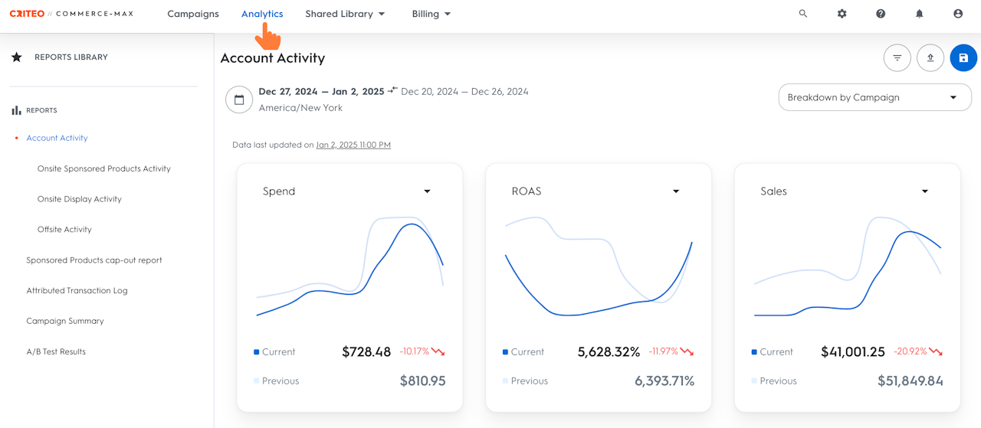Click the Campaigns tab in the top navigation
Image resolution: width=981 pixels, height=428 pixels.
tap(193, 14)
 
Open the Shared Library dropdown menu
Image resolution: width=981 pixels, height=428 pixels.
tap(345, 14)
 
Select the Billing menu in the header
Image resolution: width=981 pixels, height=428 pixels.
tap(431, 14)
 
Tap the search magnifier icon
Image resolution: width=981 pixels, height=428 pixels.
tap(803, 14)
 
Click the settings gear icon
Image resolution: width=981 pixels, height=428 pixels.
tap(842, 14)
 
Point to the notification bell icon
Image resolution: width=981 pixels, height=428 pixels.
tap(919, 14)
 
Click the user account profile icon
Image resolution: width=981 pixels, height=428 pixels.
tap(958, 14)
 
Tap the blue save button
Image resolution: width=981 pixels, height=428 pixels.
tap(963, 58)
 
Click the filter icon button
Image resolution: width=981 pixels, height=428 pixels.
tap(897, 58)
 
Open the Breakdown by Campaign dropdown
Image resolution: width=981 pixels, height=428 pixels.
tap(874, 97)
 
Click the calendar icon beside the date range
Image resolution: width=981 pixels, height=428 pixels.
tap(239, 100)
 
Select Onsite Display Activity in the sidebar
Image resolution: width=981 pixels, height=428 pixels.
tap(80, 199)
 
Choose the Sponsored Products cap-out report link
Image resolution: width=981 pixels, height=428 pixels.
tap(94, 260)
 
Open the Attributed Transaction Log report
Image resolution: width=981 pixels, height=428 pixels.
tap(77, 291)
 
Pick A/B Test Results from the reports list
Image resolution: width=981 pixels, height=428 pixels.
tap(56, 352)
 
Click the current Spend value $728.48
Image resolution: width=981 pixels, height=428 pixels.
tap(366, 352)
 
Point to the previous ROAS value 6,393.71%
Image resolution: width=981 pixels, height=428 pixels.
tap(664, 381)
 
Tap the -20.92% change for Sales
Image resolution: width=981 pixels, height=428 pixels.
tap(910, 352)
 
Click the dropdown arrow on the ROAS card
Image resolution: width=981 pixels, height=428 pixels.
tap(676, 191)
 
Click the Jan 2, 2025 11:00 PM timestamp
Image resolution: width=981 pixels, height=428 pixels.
tap(353, 145)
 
